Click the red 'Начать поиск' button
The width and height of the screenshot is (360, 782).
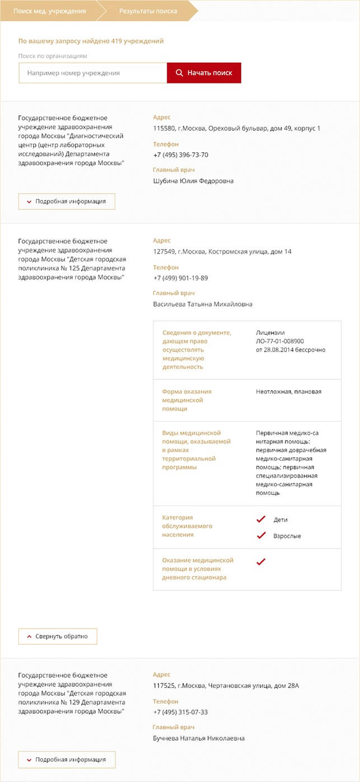pos(204,73)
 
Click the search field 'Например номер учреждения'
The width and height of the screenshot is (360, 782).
pos(93,73)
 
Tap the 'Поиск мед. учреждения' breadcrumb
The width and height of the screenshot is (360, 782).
pos(50,11)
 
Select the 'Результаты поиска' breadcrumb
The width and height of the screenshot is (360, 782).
pos(148,11)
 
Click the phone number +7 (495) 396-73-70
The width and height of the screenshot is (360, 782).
pos(181,154)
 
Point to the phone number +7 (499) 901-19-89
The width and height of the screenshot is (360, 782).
pos(180,278)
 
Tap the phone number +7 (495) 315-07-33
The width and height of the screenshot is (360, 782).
pos(180,712)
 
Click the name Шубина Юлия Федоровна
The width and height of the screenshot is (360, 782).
pos(193,181)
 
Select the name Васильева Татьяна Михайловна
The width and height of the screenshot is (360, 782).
pos(203,304)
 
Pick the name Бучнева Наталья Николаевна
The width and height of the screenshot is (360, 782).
pos(199,738)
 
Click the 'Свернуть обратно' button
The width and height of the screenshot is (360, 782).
pos(58,636)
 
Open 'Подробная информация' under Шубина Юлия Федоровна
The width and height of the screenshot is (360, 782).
pos(67,202)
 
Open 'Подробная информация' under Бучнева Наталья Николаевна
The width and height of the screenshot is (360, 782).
pos(67,760)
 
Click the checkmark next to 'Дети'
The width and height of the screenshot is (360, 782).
pos(260,519)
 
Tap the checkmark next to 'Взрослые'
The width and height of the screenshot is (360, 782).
pos(260,536)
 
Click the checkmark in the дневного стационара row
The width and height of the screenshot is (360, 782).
pos(260,562)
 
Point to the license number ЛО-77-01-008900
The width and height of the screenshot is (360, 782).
pos(280,341)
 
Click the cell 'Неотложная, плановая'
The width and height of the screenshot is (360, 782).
pos(289,391)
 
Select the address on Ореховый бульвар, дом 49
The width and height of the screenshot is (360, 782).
pos(237,128)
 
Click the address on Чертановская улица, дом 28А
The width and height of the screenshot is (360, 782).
pos(226,686)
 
